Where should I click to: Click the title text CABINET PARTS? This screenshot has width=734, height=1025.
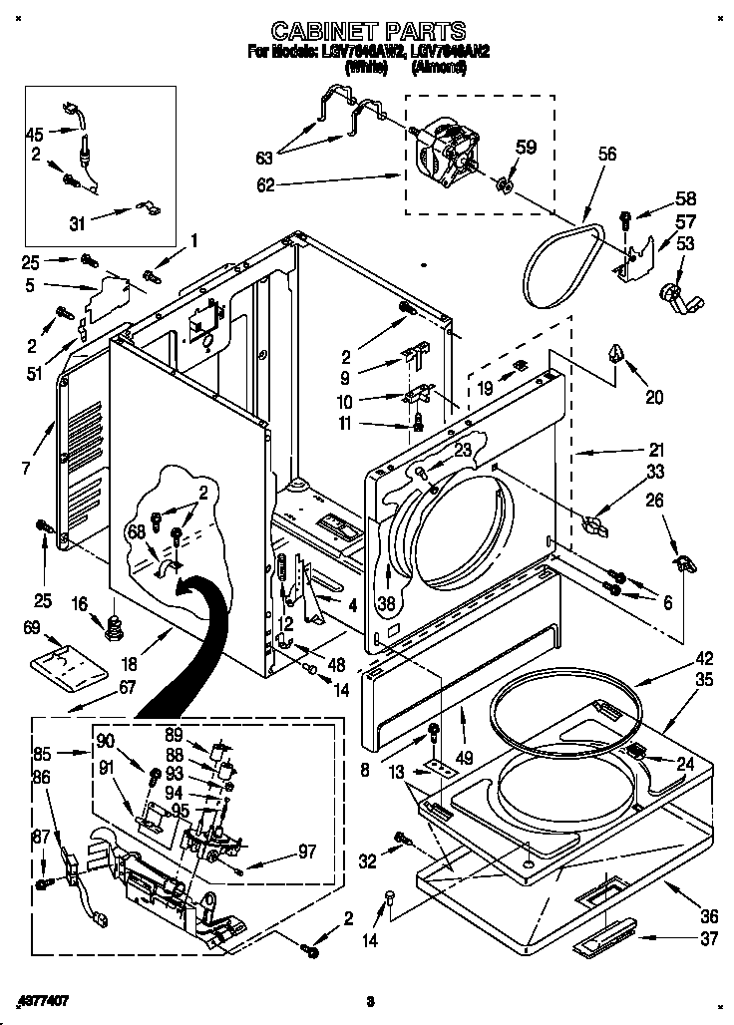click(x=368, y=31)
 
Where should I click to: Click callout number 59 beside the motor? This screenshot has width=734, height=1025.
click(x=526, y=148)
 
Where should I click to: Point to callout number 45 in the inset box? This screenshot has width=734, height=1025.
click(x=35, y=134)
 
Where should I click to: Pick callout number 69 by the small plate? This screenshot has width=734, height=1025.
click(x=32, y=627)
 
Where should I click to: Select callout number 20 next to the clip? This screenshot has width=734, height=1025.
click(x=654, y=396)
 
